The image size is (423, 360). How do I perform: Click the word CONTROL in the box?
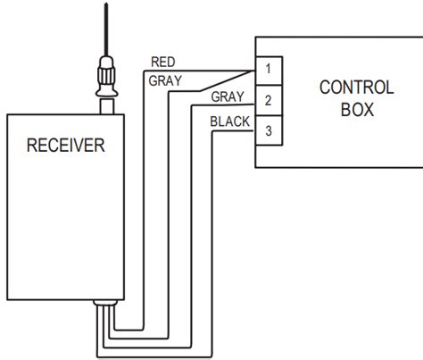click(x=356, y=87)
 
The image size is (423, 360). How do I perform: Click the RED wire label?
click(x=162, y=62)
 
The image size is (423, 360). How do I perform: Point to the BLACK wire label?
click(x=229, y=121)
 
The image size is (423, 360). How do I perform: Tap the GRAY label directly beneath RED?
click(x=165, y=80)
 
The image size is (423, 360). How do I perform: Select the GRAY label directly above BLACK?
click(x=227, y=96)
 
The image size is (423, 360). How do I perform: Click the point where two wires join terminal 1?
click(x=255, y=71)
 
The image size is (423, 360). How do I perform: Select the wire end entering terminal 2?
click(x=256, y=101)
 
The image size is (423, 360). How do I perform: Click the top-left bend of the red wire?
click(x=143, y=71)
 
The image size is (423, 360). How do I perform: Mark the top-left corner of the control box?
click(x=256, y=37)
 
